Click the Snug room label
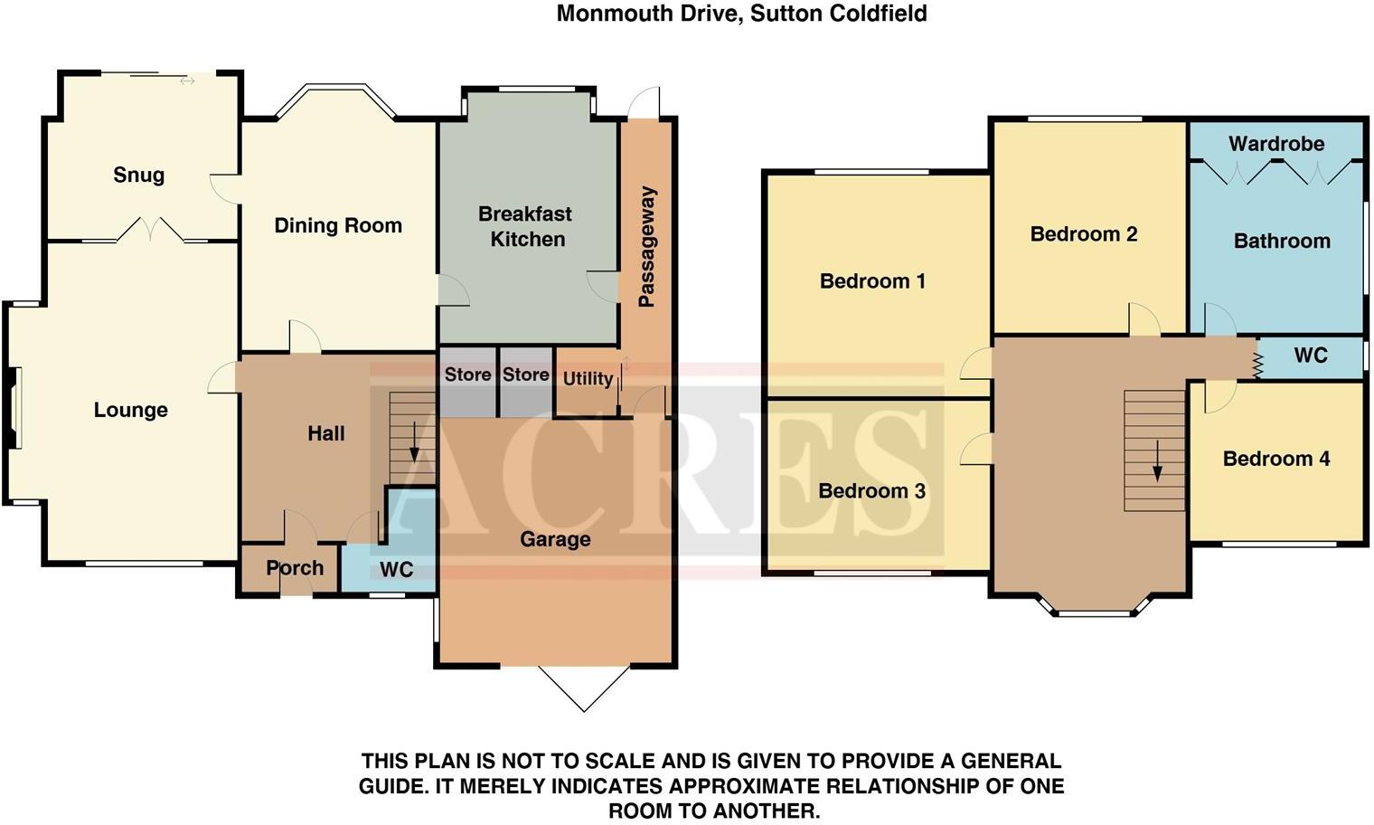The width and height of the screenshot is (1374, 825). click(x=138, y=175)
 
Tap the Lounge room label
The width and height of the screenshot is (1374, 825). click(x=130, y=411)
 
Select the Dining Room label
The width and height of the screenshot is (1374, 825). click(x=338, y=226)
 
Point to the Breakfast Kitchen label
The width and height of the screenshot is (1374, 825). click(x=526, y=226)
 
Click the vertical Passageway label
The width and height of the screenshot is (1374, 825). click(x=646, y=247)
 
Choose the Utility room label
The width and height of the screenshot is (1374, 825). click(x=588, y=378)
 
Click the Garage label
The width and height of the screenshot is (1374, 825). click(x=555, y=540)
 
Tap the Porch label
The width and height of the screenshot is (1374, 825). click(x=295, y=568)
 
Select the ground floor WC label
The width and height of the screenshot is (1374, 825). click(x=396, y=570)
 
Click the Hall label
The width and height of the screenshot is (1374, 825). click(x=325, y=433)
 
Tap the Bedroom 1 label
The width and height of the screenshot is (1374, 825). click(x=872, y=281)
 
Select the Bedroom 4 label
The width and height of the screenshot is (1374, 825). click(x=1275, y=459)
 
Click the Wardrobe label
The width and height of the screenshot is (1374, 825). click(x=1276, y=144)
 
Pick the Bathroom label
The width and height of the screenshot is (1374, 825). click(x=1282, y=242)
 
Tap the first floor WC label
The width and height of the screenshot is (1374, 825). click(x=1310, y=356)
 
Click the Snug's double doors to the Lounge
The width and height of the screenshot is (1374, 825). click(x=151, y=231)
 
